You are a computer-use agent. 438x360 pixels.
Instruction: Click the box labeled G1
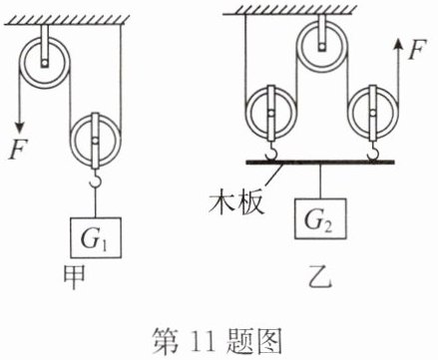tap(96, 237)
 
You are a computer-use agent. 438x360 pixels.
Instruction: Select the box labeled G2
tap(320, 218)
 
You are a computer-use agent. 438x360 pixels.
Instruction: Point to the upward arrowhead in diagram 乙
tap(397, 44)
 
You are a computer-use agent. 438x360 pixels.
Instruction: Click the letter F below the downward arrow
tap(18, 150)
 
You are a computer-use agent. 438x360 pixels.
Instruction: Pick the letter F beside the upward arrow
tap(417, 50)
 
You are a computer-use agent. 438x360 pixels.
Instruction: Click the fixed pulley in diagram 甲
tap(44, 63)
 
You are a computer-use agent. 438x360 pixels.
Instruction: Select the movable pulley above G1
tap(96, 141)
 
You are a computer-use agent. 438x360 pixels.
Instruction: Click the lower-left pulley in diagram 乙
tap(270, 112)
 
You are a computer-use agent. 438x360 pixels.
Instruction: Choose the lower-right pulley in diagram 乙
tap(373, 112)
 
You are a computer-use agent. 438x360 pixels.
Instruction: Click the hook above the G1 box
tap(96, 179)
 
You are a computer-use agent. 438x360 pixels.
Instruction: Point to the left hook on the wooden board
tap(271, 151)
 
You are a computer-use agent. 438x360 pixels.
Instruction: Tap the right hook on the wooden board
tap(373, 151)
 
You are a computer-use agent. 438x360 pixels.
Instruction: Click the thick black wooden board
tap(320, 163)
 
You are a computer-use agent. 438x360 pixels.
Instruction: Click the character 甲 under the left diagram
tap(75, 277)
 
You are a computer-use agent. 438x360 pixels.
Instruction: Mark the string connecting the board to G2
tap(320, 181)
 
